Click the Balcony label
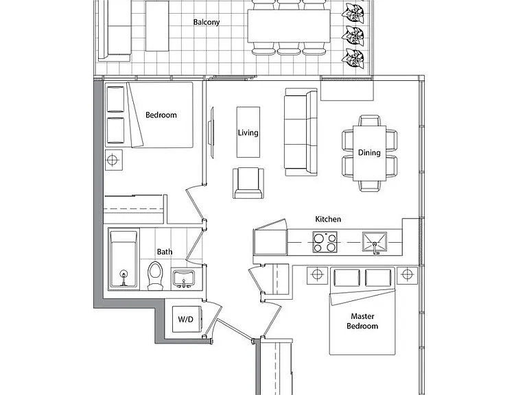point(207,22)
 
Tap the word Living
point(248,132)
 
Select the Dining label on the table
point(369,153)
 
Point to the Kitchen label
point(328,219)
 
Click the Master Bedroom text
point(362,321)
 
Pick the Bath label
point(165,252)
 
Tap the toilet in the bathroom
point(155,276)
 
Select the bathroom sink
point(183,278)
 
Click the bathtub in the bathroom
point(124,259)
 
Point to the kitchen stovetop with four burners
point(325,242)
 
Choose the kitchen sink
point(375,242)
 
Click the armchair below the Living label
point(248,183)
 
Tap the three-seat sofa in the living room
point(301,132)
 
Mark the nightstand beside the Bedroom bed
point(113,160)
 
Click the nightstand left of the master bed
point(317,275)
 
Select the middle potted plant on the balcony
point(353,35)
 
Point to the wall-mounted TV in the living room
point(211,132)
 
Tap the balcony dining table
point(289,26)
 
